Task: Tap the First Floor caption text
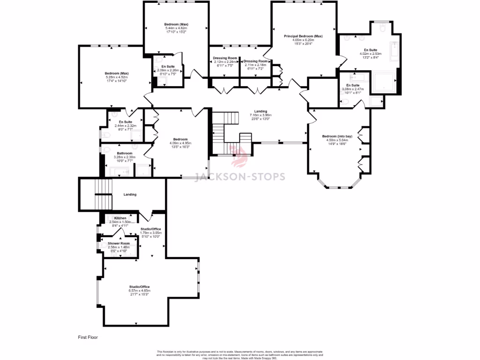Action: [x=88, y=337]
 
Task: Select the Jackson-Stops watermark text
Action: [x=240, y=177]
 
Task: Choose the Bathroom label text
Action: [x=125, y=153]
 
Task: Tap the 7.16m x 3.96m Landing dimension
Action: [x=261, y=115]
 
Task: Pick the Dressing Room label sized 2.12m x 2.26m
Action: [x=224, y=58]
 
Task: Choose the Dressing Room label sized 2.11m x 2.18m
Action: [x=256, y=61]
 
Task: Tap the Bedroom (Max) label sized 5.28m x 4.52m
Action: [x=117, y=74]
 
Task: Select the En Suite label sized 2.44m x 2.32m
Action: [x=125, y=122]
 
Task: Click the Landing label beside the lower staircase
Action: [x=130, y=195]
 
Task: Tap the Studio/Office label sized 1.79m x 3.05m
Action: [x=151, y=229]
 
